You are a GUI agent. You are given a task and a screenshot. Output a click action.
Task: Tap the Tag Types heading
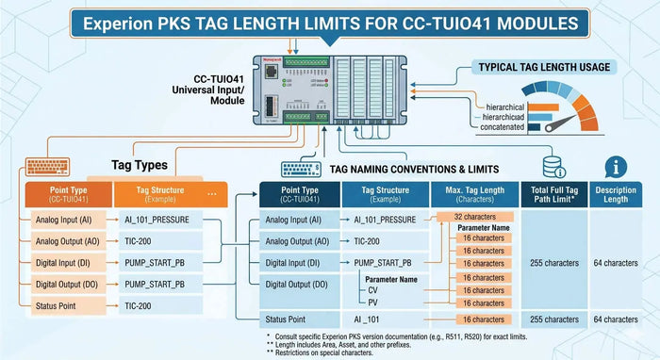pos(140,165)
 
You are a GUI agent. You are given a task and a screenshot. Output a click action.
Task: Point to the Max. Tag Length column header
pos(474,193)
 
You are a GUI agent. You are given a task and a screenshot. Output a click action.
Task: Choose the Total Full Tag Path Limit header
pos(554,193)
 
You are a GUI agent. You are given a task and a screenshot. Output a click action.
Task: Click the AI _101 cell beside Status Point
pos(372,319)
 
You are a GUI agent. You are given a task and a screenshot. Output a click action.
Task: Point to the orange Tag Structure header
pos(157,194)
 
